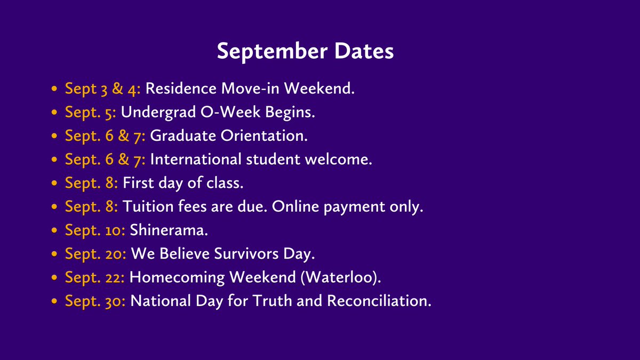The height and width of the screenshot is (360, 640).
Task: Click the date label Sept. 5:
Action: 91,112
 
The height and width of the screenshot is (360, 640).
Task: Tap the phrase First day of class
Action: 183,183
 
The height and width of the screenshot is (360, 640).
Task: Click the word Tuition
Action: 143,206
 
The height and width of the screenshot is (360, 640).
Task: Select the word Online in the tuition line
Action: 294,206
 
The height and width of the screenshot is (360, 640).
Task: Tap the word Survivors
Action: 245,254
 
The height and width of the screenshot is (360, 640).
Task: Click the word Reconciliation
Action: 378,301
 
